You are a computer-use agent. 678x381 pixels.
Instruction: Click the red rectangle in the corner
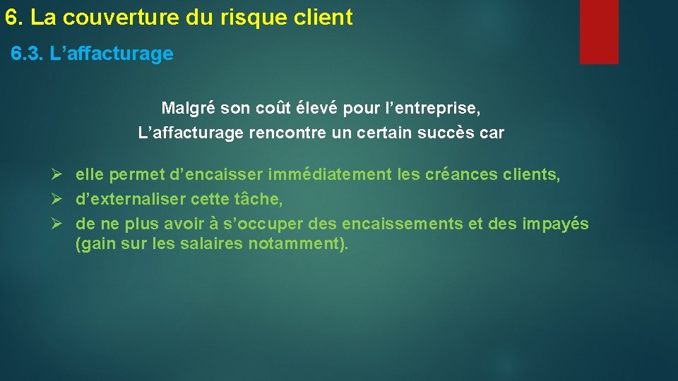[x=599, y=32]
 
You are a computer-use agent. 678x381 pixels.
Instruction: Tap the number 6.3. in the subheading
[x=28, y=54]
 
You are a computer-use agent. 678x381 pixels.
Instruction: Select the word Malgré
[x=189, y=109]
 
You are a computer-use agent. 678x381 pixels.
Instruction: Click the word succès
[x=448, y=133]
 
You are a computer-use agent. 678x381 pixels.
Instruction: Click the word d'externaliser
[x=131, y=200]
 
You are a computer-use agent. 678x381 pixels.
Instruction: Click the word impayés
[x=555, y=224]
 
